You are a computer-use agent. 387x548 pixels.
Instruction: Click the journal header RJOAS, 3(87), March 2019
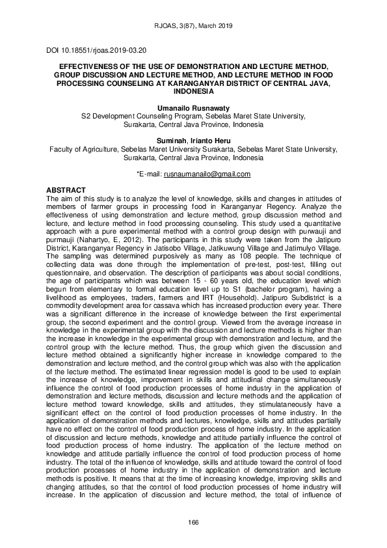pyautogui.click(x=193, y=26)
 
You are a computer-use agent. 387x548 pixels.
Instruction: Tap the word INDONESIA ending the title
pyautogui.click(x=193, y=92)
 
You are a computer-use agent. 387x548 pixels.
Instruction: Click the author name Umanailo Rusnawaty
pyautogui.click(x=193, y=107)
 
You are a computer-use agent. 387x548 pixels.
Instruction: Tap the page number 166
pyautogui.click(x=193, y=523)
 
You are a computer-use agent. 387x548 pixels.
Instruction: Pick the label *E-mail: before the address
pyautogui.click(x=149, y=174)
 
